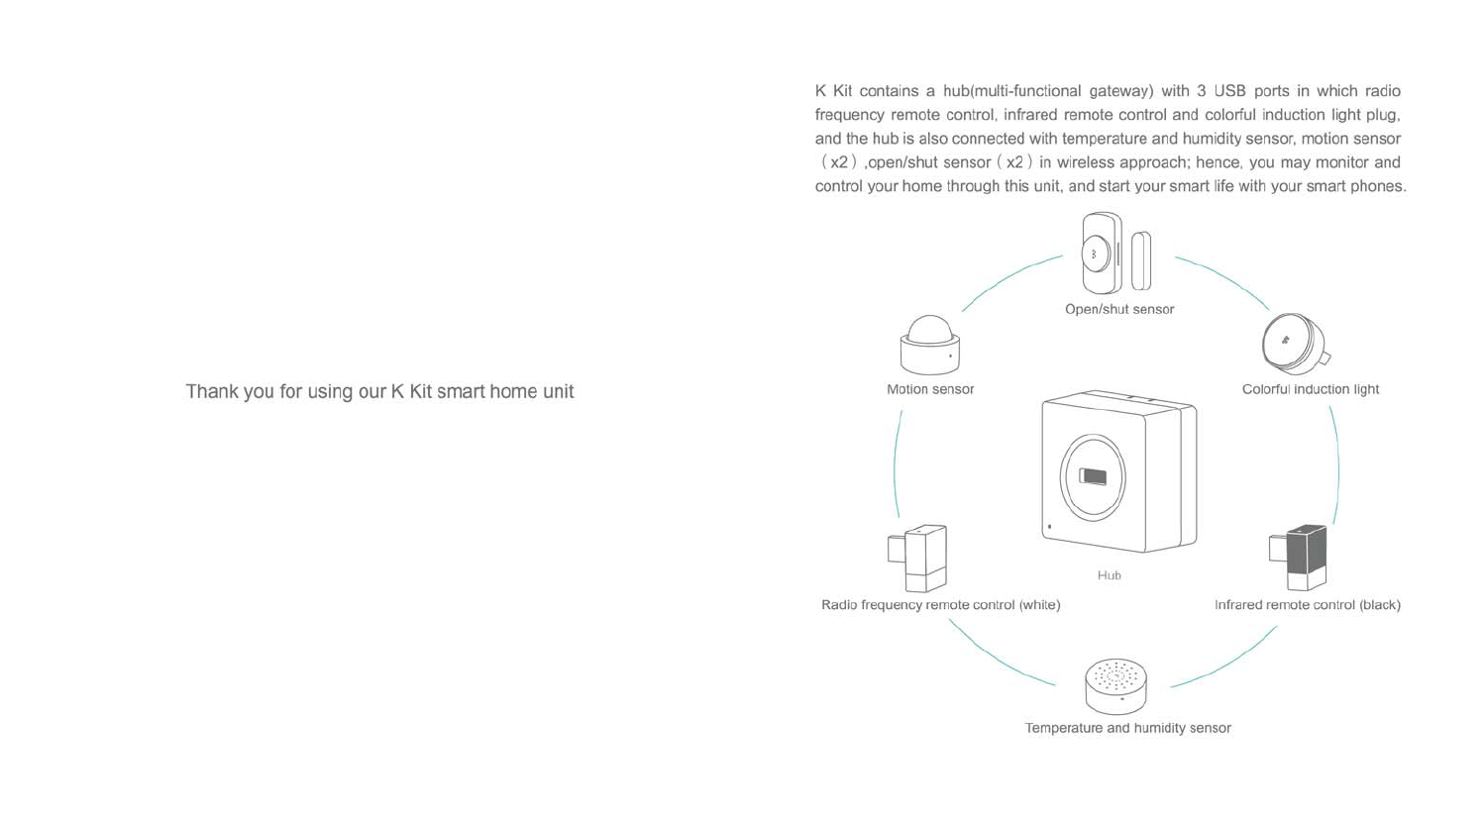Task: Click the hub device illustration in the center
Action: (x=1118, y=472)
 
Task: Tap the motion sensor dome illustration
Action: (x=929, y=346)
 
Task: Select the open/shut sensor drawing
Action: (x=1115, y=255)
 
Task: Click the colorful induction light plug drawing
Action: (x=1294, y=343)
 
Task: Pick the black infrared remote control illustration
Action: (x=1299, y=558)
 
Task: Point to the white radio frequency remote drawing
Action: (x=918, y=559)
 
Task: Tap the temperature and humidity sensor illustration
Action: (x=1115, y=686)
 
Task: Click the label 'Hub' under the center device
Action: (x=1109, y=575)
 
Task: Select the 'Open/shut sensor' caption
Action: (x=1119, y=309)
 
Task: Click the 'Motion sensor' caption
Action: (x=930, y=389)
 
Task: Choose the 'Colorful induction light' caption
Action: (x=1310, y=389)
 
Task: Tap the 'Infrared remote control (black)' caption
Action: (x=1307, y=605)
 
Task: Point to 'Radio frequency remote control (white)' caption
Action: (x=940, y=605)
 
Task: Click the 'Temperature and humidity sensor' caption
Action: (x=1127, y=728)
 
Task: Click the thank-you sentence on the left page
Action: (x=379, y=391)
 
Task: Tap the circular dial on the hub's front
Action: (x=1093, y=476)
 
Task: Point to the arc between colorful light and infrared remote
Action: (x=1337, y=465)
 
